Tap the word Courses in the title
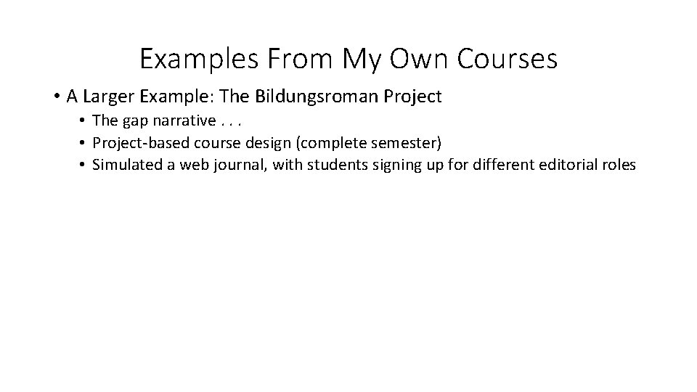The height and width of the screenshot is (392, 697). pyautogui.click(x=507, y=59)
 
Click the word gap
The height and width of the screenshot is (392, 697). pyautogui.click(x=136, y=121)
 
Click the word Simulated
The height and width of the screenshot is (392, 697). pyautogui.click(x=128, y=165)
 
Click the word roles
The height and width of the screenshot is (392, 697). pyautogui.click(x=619, y=165)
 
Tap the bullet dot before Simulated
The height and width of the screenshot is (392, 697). pyautogui.click(x=84, y=165)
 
